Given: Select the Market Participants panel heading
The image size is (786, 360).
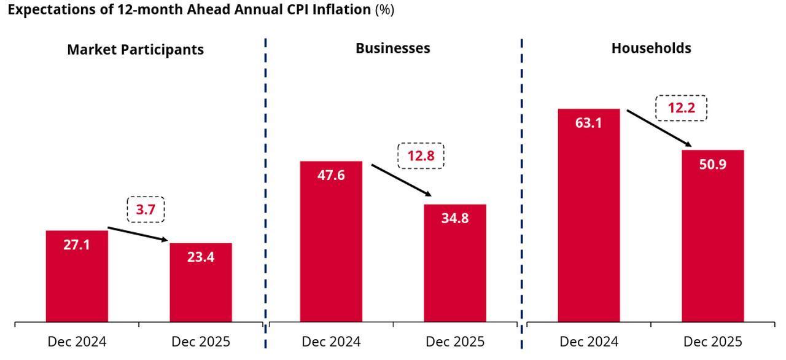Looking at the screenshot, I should pos(135,50).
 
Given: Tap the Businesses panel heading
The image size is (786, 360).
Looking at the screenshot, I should pos(392,48).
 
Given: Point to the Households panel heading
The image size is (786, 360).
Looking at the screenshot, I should pos(651,48).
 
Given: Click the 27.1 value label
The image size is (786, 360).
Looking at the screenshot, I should pos(77,245).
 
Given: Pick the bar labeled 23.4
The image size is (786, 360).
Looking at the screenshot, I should pos(201,283).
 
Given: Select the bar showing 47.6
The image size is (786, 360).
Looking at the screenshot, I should pos(331,246).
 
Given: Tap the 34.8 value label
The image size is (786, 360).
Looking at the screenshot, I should pos(454,218).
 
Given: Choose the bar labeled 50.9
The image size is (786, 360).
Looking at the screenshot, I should pos(712,240).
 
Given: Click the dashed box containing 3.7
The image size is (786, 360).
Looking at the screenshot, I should pos(146,209).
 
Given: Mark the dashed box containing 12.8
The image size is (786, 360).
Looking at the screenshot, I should pos(421,156).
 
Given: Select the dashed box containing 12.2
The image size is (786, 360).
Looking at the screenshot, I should pos(681,108).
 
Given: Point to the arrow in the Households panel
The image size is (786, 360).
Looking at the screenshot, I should pos(659,128).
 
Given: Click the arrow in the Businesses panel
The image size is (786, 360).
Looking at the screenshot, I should pos(402,180).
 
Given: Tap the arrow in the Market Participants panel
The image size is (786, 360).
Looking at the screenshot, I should pos(138,235).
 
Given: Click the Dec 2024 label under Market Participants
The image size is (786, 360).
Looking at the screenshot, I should pos(77,342).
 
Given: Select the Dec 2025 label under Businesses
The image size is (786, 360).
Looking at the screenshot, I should pos(454,342).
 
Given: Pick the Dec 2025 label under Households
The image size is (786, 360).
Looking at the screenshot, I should pos(712,342).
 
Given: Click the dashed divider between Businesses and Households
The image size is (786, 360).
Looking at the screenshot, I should pos(521,184).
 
